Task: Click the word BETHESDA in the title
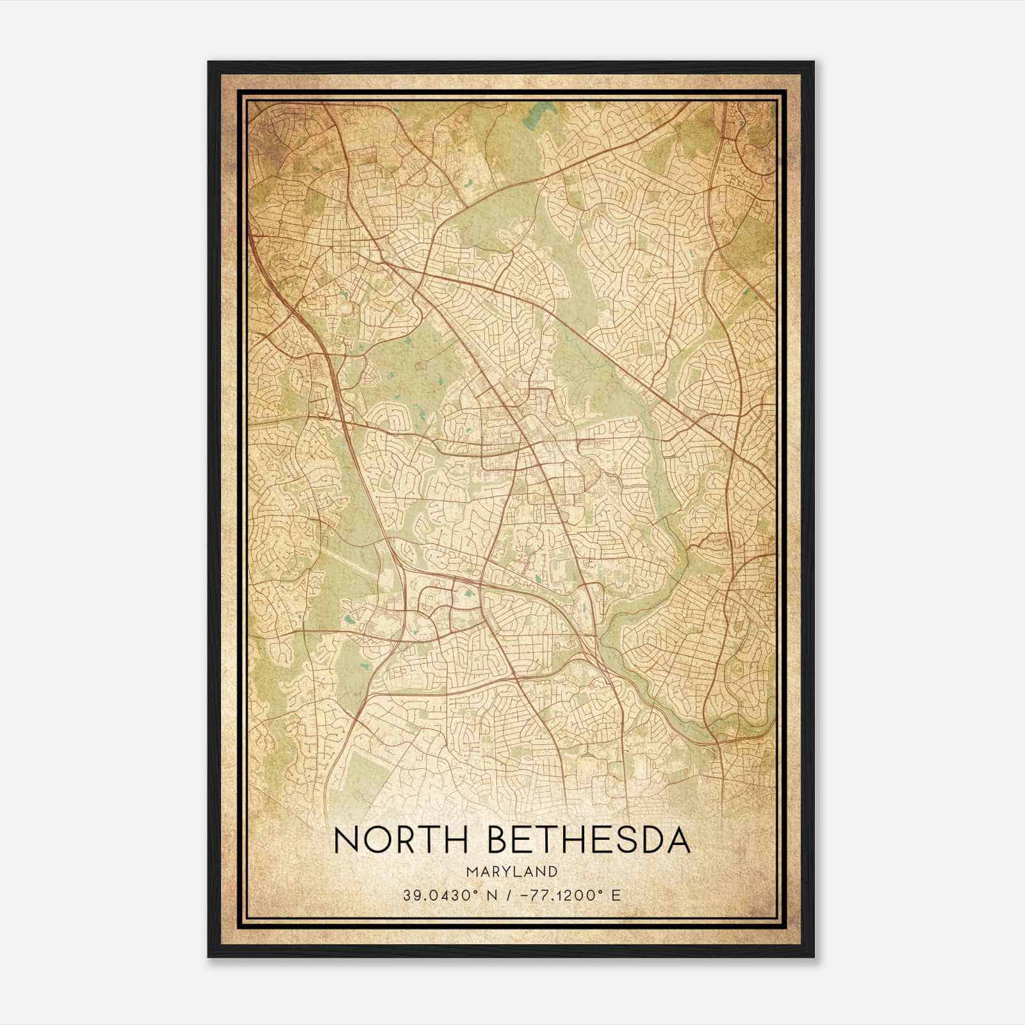click(590, 840)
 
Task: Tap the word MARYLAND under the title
click(512, 871)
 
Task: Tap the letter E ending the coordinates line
click(616, 895)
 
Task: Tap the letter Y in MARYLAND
click(506, 871)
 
